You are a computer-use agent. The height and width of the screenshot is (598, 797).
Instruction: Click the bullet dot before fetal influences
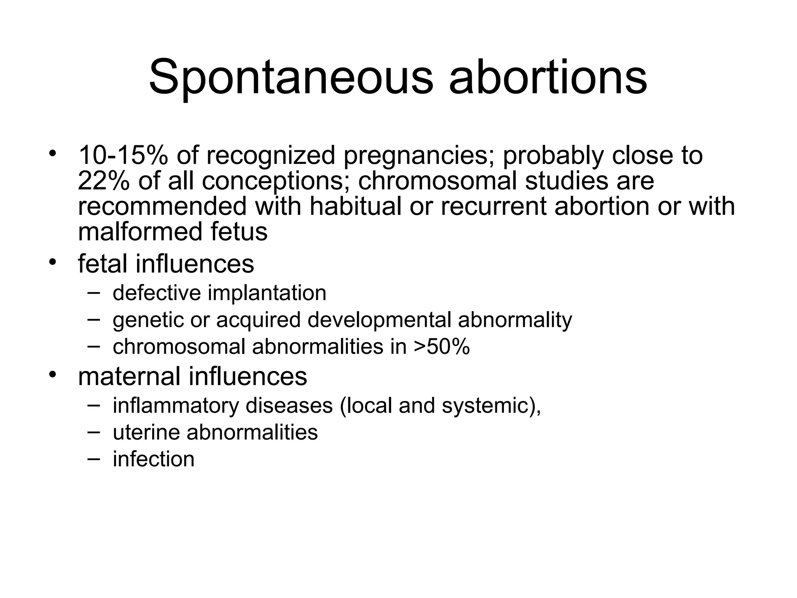(x=52, y=261)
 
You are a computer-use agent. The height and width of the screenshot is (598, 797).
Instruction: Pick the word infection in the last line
(x=153, y=459)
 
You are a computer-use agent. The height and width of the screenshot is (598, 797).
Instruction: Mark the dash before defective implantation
(x=93, y=293)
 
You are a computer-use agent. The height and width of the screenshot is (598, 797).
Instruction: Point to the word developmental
(x=379, y=320)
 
